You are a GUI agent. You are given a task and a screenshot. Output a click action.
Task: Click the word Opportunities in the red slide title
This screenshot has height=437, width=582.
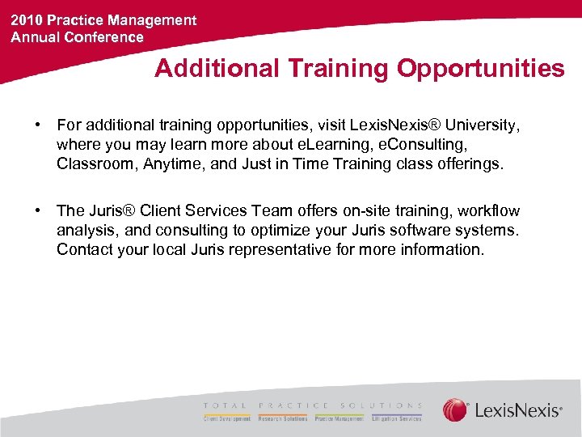click(480, 69)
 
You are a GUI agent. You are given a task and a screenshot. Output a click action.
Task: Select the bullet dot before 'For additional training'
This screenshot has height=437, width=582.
click(38, 125)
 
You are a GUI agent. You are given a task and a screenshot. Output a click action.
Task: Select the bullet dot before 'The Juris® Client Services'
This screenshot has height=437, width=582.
click(38, 210)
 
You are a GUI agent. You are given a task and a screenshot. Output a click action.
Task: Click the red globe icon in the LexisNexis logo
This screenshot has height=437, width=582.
click(455, 409)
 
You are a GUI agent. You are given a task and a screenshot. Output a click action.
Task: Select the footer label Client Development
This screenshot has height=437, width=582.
click(227, 419)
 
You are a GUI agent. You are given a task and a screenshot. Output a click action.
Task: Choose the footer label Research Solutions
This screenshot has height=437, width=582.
click(283, 419)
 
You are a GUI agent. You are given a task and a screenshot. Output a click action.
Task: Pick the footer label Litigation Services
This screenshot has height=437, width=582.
click(396, 419)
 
